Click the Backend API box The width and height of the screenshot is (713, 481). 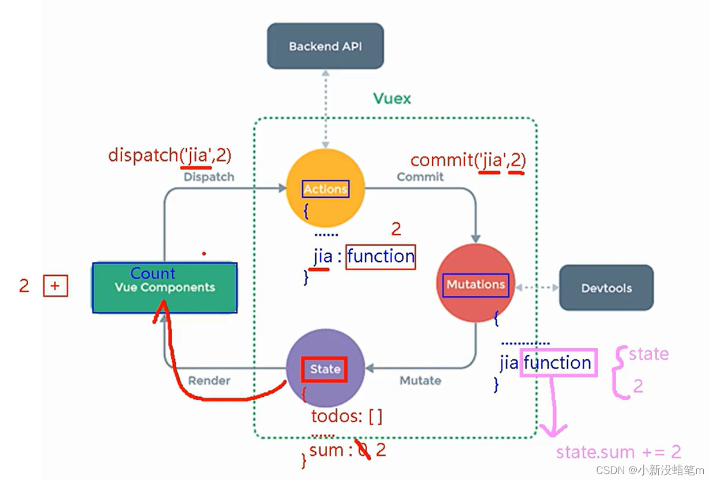(325, 46)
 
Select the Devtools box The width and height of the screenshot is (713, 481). (606, 288)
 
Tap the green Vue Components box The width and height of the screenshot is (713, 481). (165, 288)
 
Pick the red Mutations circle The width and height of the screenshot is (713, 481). (476, 284)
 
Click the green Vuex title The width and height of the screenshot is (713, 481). (392, 99)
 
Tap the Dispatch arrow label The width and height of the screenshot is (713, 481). (209, 177)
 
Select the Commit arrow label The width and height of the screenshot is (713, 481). (420, 177)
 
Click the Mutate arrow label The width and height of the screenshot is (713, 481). (420, 381)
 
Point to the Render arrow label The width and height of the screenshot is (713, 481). (209, 381)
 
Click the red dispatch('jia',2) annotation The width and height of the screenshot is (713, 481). (170, 155)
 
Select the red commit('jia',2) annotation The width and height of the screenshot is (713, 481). (467, 160)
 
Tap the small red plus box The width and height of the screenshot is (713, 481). (55, 286)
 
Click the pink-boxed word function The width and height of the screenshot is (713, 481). (557, 363)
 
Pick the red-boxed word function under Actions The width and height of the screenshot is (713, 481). (380, 256)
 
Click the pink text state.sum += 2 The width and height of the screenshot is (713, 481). (618, 452)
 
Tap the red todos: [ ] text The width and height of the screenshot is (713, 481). (346, 416)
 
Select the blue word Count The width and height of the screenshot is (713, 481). (153, 273)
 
